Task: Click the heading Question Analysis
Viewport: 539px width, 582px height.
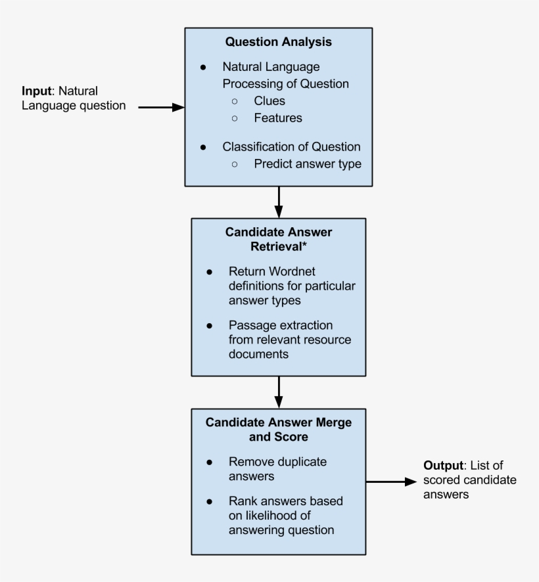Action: (278, 42)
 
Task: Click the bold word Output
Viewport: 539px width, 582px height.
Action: (443, 465)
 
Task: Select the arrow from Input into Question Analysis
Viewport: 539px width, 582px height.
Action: (161, 107)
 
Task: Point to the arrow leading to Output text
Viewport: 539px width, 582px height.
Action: (391, 481)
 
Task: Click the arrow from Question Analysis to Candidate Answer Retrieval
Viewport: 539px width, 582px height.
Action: (279, 202)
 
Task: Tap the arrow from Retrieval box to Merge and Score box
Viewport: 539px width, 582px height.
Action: (279, 392)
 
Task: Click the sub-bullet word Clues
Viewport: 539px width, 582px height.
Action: (269, 101)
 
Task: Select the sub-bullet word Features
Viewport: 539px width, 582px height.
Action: (278, 118)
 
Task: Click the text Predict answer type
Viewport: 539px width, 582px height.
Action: (308, 164)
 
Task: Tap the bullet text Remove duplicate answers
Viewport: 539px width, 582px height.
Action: (277, 469)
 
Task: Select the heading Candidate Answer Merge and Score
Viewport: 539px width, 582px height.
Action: (278, 429)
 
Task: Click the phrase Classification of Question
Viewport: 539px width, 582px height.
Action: (291, 146)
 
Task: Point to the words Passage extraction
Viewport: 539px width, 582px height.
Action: (281, 325)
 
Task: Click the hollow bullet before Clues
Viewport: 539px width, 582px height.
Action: (235, 102)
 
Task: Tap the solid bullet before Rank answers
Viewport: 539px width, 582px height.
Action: (209, 501)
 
